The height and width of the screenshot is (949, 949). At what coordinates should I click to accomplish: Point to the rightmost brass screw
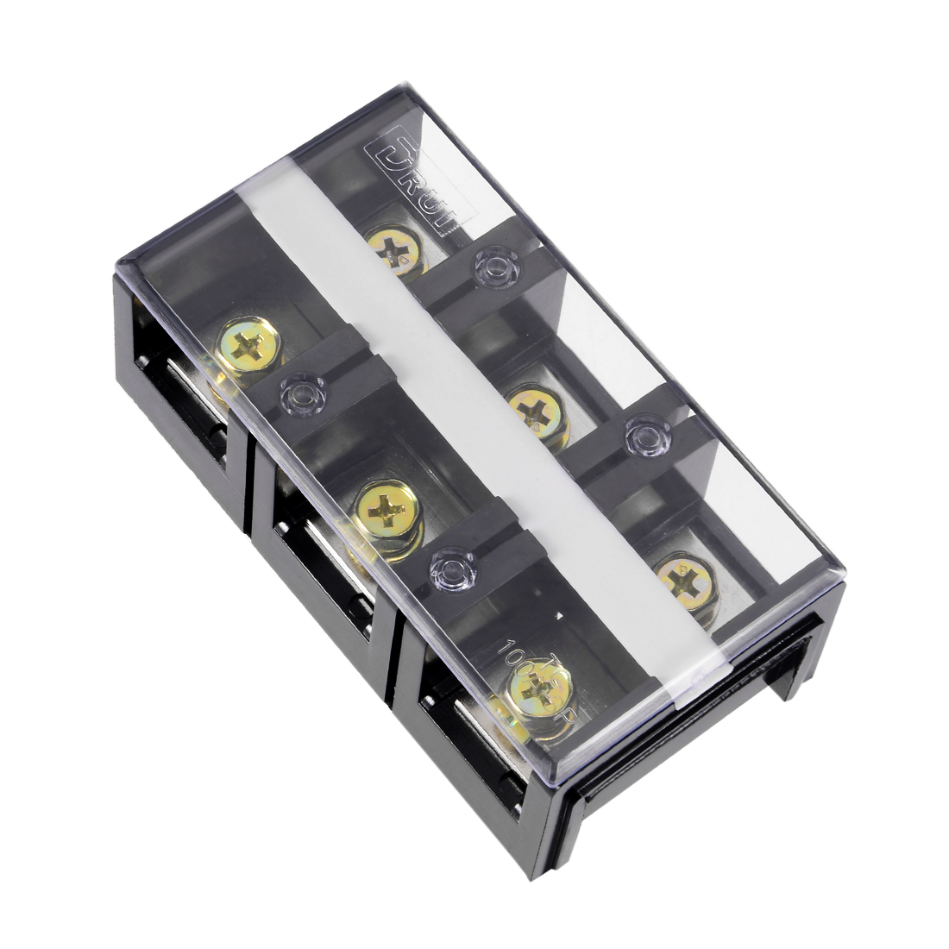687,582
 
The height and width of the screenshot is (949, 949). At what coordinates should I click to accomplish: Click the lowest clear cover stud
451,569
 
